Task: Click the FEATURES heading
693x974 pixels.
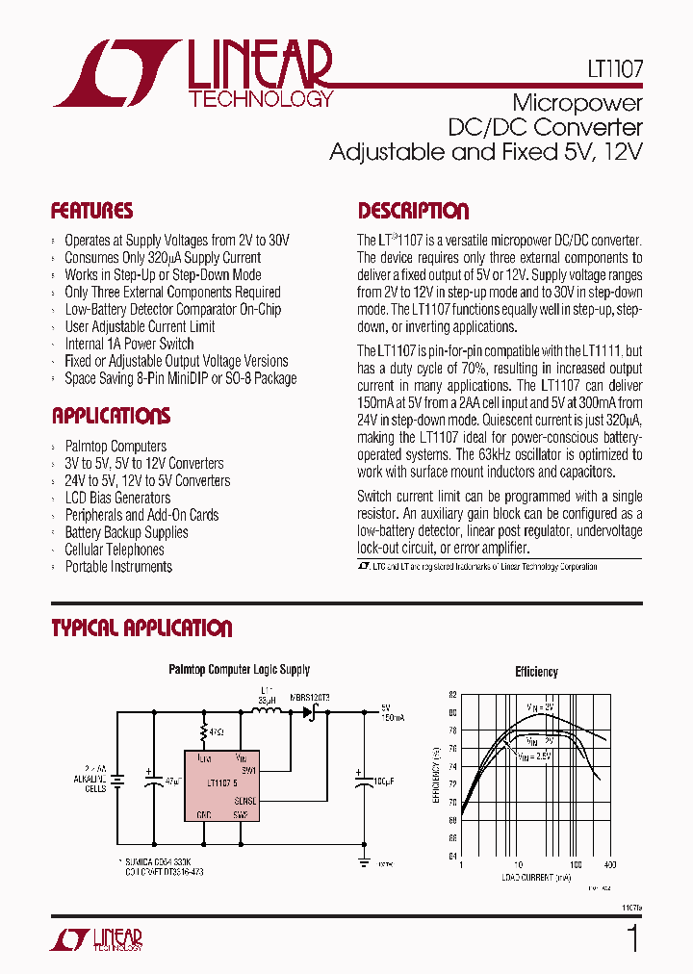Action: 91,211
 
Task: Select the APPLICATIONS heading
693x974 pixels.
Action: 111,416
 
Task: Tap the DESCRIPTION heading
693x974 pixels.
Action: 414,211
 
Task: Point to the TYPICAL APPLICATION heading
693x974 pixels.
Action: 141,628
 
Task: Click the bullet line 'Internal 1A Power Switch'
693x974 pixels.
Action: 129,344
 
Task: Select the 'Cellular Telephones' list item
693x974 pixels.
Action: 114,550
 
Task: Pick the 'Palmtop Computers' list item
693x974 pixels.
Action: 115,447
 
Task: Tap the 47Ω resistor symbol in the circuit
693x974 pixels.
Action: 204,732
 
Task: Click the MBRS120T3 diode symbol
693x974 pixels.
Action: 310,713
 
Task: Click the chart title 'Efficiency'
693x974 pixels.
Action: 536,672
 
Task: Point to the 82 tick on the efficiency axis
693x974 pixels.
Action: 452,694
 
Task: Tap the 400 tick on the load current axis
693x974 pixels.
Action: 609,865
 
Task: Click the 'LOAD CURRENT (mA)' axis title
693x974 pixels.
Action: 536,877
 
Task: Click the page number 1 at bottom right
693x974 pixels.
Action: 632,938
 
